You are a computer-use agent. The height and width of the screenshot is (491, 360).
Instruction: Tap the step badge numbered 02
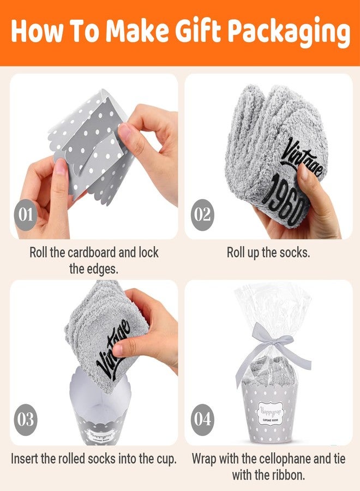point(202,214)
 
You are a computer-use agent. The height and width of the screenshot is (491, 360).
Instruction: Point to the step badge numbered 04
point(202,420)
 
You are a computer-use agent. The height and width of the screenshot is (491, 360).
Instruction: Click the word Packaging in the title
point(289,32)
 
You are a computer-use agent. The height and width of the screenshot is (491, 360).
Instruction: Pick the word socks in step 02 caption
point(292,253)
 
